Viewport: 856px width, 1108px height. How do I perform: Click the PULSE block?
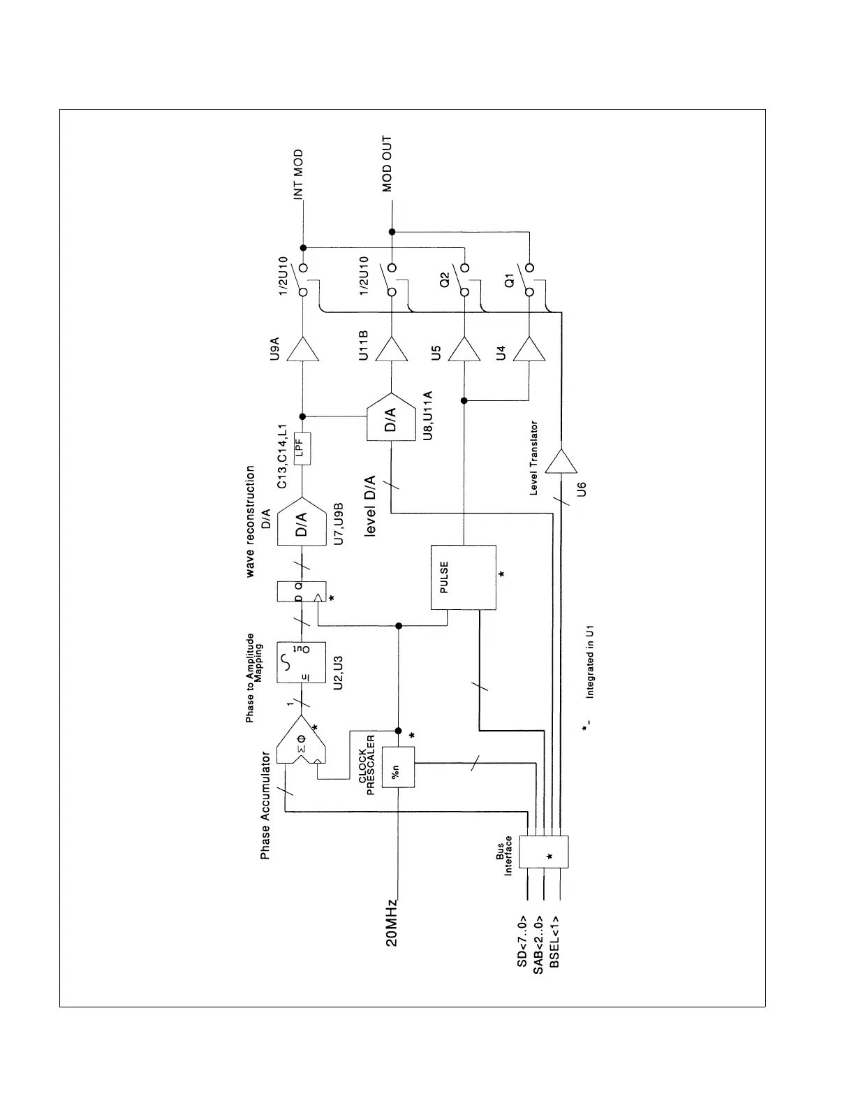[464, 577]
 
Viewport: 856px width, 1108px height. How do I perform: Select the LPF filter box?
[302, 449]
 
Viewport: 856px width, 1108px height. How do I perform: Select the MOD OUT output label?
[388, 163]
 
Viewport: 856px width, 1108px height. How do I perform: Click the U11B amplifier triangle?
[391, 349]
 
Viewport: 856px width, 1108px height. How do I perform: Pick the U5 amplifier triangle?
[464, 349]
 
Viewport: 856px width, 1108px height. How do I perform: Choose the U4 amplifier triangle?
[529, 349]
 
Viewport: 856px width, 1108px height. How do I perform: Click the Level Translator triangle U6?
[561, 460]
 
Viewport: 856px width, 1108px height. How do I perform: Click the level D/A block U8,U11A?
[391, 417]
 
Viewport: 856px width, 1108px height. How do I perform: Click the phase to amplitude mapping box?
[302, 662]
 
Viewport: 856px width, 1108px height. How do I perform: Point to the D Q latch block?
[302, 591]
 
